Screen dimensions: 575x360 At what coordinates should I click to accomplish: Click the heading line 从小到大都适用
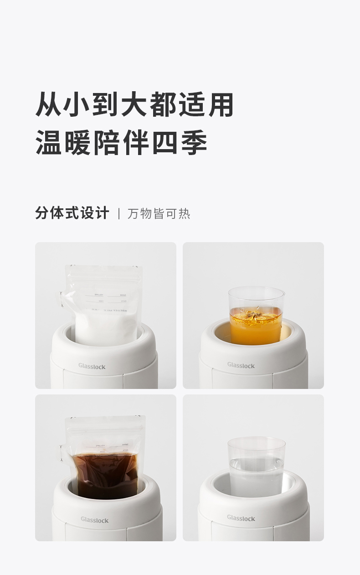(x=134, y=104)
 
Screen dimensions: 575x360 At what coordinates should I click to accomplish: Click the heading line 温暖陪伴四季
(x=121, y=142)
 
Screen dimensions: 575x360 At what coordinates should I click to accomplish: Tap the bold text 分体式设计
(x=72, y=213)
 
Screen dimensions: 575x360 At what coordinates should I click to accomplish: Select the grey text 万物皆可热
(x=159, y=213)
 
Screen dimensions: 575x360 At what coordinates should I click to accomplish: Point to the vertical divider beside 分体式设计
(x=119, y=213)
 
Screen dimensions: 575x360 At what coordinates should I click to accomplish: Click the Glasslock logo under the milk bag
(x=92, y=366)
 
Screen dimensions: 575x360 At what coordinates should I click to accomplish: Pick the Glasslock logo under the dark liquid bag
(x=95, y=519)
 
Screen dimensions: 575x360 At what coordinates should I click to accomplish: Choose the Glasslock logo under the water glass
(x=241, y=518)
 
